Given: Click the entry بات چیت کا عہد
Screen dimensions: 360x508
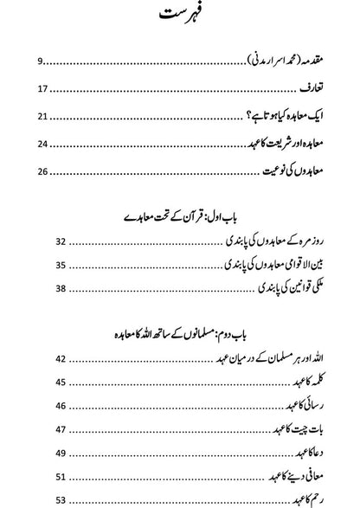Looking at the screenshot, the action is click(293, 452).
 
